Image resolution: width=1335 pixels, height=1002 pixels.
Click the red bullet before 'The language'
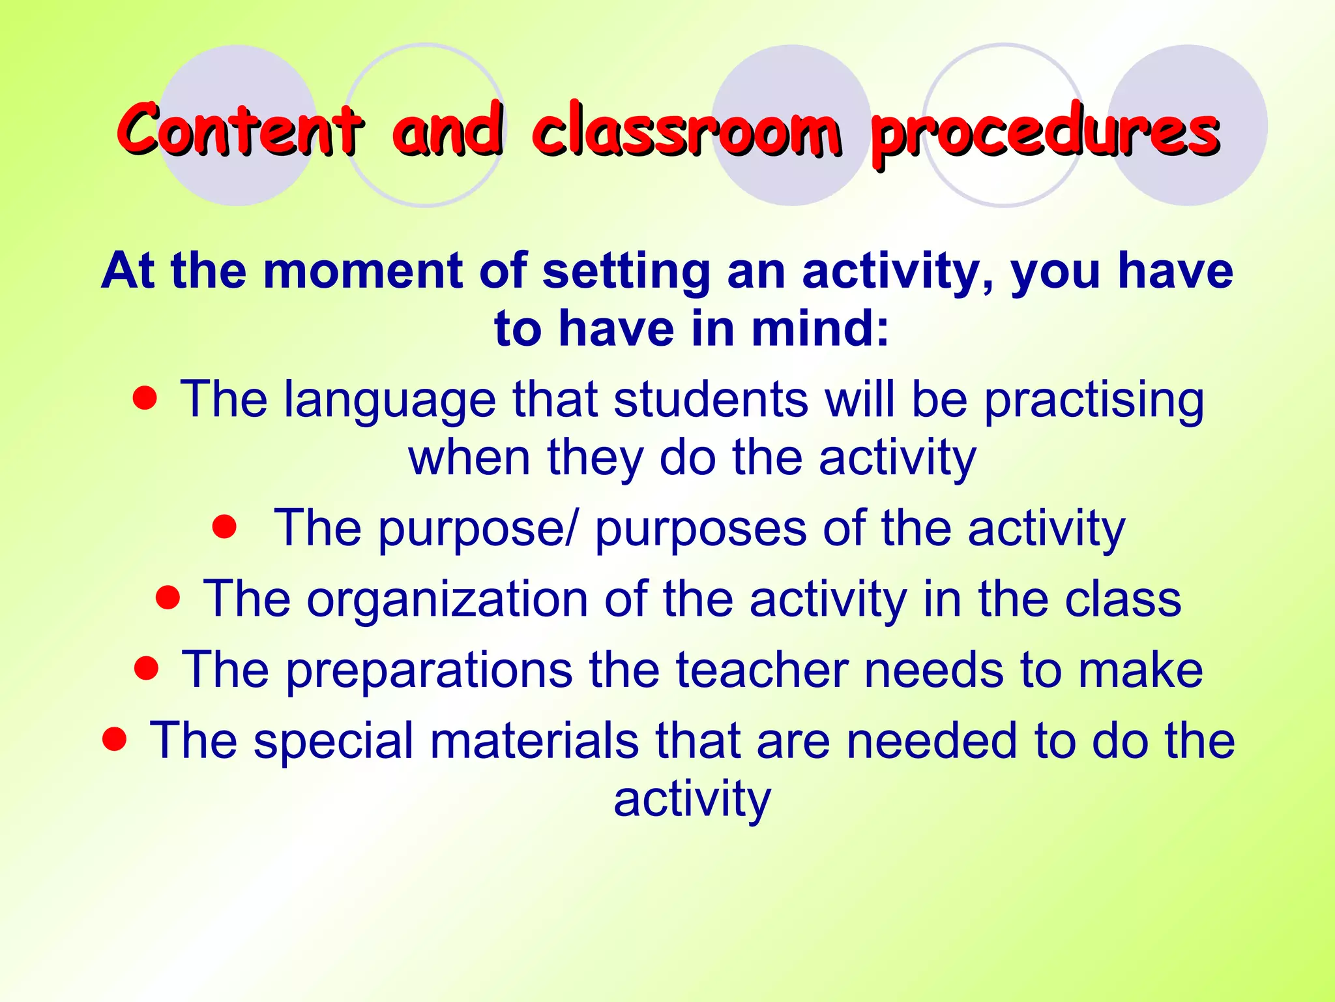click(145, 397)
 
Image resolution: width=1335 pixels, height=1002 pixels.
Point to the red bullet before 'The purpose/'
click(224, 526)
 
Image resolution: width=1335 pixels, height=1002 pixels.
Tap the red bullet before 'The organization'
click(168, 597)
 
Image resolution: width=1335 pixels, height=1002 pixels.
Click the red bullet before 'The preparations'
click(147, 667)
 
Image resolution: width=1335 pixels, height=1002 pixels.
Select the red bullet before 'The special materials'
click(114, 738)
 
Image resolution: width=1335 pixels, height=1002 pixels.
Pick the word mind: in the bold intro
click(820, 328)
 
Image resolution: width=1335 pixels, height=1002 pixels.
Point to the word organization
click(448, 599)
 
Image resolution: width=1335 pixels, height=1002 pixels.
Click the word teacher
click(762, 670)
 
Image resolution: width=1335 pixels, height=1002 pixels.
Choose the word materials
click(534, 741)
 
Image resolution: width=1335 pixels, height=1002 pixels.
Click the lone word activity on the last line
click(692, 799)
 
